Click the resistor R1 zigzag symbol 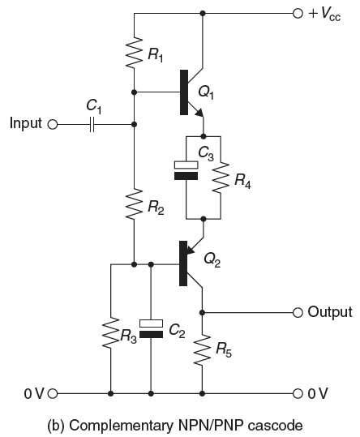[x=135, y=54]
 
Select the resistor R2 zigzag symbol [x=135, y=208]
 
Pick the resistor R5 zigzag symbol [x=203, y=349]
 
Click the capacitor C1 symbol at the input [x=92, y=124]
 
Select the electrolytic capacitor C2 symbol [x=151, y=328]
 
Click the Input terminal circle [x=54, y=124]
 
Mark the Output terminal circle [x=298, y=311]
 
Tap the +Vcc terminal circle [x=298, y=13]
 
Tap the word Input [x=24, y=124]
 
